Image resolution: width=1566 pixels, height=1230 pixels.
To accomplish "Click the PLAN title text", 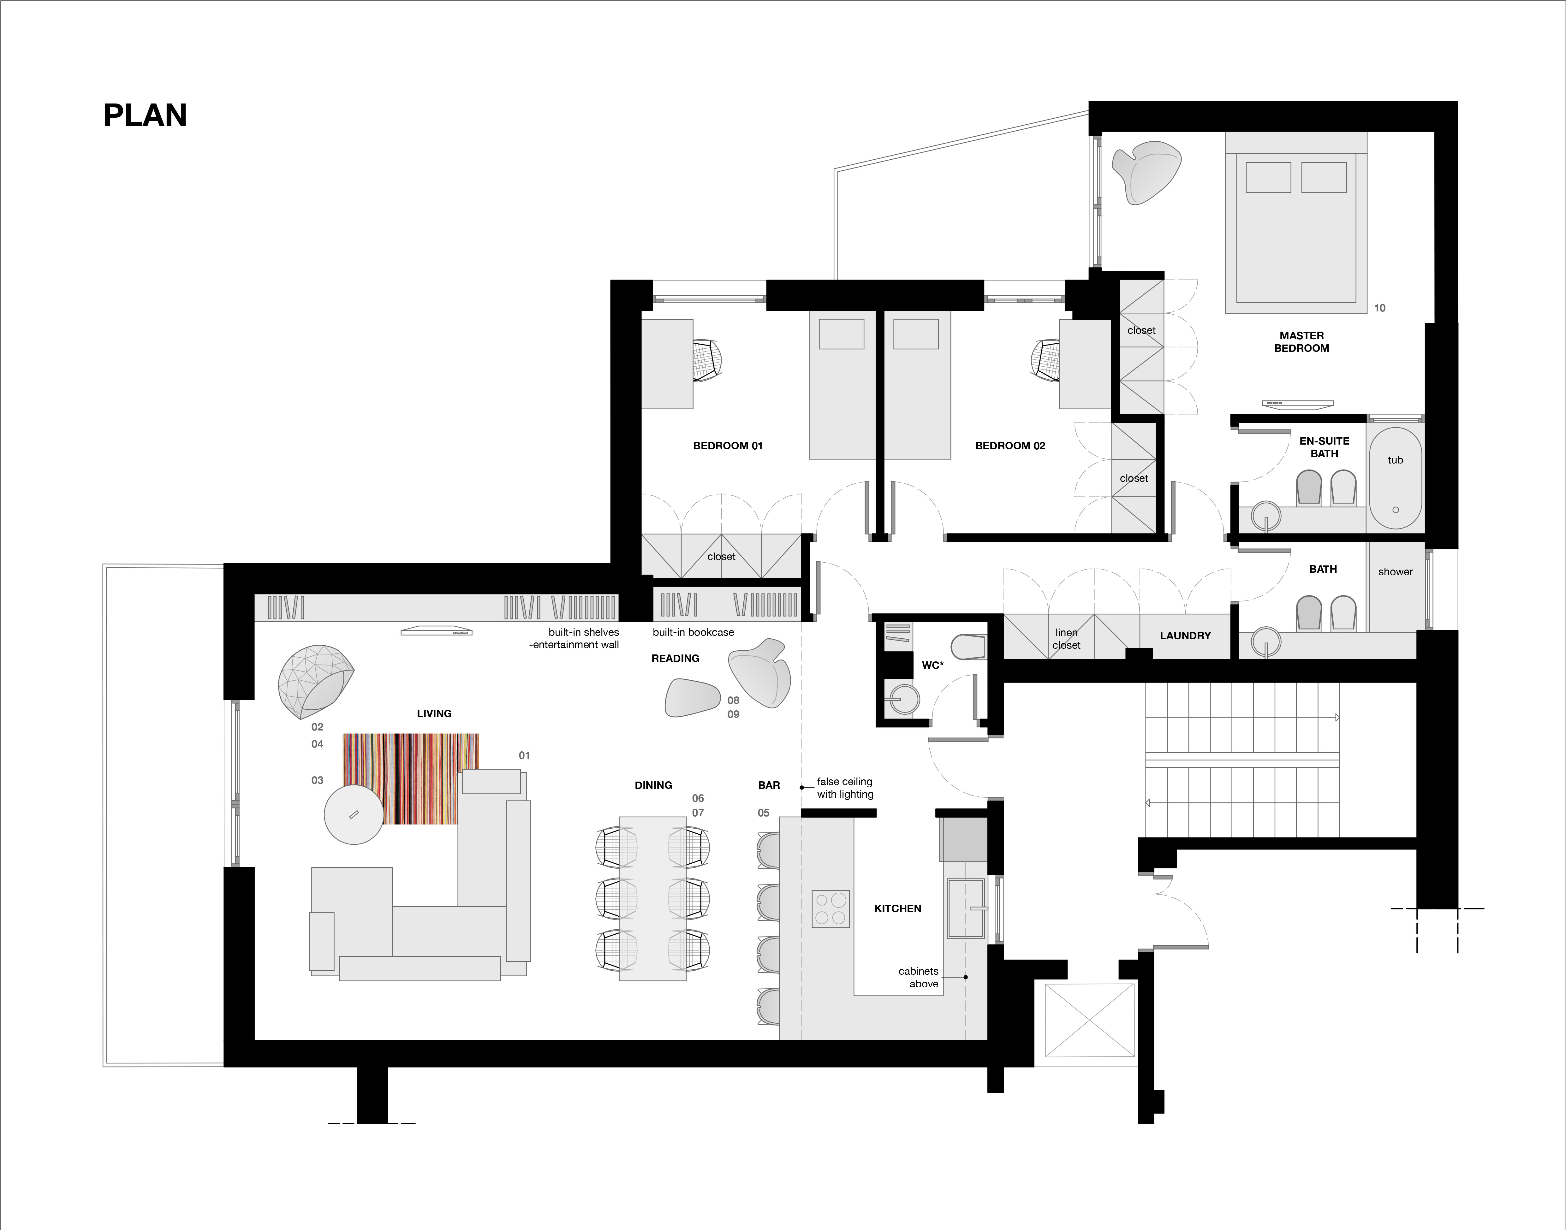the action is (x=145, y=115).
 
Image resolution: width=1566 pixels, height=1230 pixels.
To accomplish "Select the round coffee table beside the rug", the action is (x=354, y=814).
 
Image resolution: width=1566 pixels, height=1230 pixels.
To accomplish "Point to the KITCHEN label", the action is (x=897, y=909).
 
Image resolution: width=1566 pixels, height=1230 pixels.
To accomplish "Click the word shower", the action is (x=1395, y=572).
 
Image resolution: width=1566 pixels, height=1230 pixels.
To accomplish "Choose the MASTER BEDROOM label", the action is (x=1302, y=341).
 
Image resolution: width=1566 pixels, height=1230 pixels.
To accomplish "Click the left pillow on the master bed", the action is (x=1268, y=177).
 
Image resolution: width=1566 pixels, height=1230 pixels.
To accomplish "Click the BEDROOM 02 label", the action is (x=1010, y=446).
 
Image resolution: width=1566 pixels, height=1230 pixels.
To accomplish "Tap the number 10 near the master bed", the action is (x=1379, y=308).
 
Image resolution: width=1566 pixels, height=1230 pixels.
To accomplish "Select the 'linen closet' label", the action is (x=1066, y=639).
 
